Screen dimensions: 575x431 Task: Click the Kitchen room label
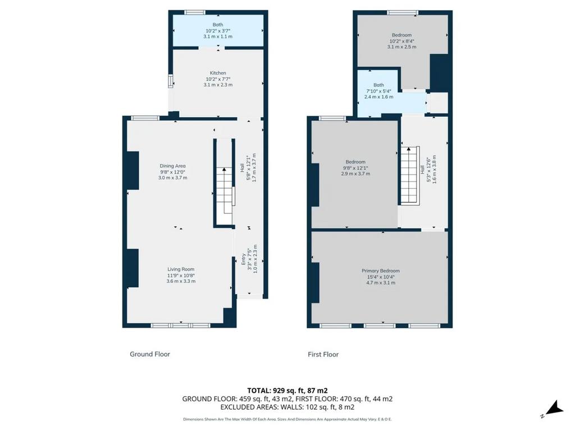point(218,73)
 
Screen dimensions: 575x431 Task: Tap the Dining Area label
point(172,166)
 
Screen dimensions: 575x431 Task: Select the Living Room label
point(181,269)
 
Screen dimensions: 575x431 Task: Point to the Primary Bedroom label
point(381,271)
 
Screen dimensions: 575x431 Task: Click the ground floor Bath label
point(218,25)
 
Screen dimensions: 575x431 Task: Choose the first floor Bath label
point(379,85)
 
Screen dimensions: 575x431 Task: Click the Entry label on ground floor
point(244,259)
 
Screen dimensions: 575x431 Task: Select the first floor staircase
point(410,175)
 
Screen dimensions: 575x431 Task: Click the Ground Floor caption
point(150,354)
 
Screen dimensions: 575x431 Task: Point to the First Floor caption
point(323,355)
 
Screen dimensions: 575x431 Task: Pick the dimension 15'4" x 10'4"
point(381,277)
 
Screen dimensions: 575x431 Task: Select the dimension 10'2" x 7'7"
point(218,79)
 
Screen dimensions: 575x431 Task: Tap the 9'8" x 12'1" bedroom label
point(355,168)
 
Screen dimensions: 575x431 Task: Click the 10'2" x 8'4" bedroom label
point(401,41)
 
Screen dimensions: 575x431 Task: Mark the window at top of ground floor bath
point(195,12)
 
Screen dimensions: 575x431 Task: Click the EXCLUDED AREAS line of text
point(287,407)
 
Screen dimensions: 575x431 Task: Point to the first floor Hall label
point(422,169)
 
